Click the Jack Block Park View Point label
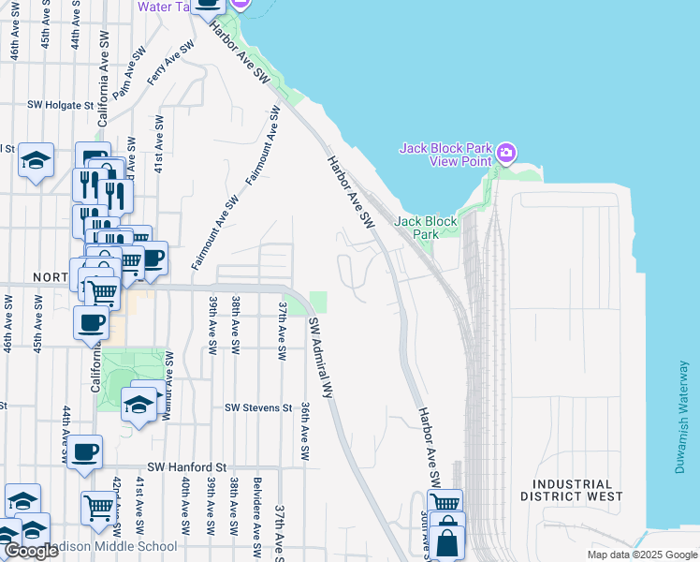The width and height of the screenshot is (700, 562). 445,155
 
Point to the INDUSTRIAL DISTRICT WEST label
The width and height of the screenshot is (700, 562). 571,490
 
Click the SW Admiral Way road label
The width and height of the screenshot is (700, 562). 322,358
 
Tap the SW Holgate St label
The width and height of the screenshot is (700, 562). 61,106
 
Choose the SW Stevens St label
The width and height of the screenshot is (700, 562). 258,408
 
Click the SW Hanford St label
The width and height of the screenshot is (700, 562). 187,466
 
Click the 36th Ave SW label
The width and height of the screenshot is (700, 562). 304,432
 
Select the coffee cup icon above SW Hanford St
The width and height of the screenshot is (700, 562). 84,451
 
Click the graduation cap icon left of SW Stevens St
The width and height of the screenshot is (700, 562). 139,404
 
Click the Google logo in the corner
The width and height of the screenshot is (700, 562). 31,551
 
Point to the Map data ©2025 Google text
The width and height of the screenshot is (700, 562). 641,555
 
